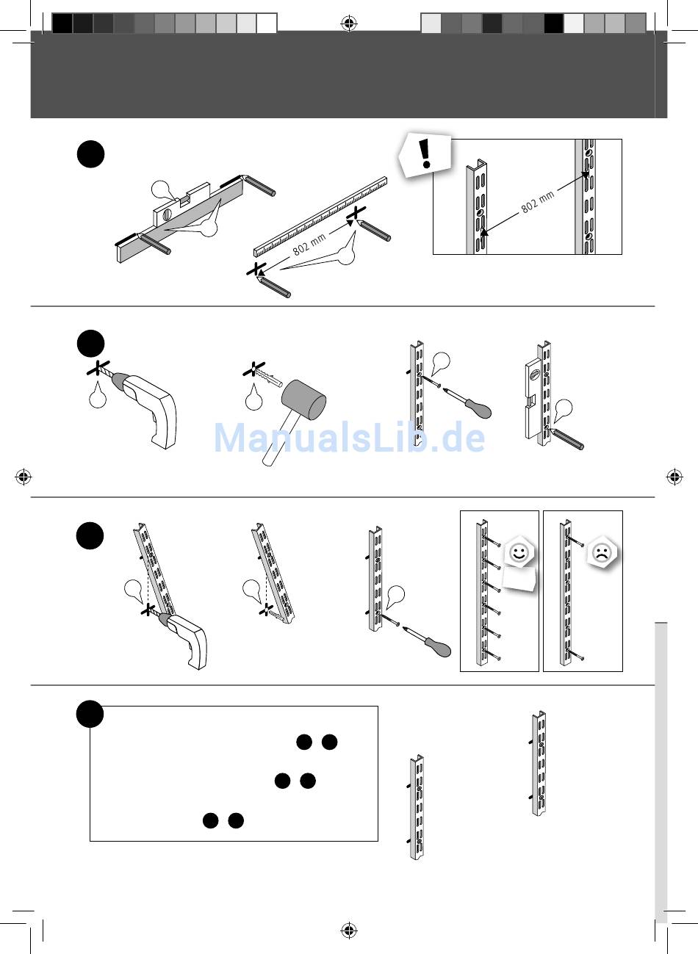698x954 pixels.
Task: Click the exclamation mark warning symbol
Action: point(425,153)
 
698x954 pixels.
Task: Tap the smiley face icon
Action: point(519,553)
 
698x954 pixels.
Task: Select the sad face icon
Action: point(602,553)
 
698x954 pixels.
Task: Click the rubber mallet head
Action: point(303,400)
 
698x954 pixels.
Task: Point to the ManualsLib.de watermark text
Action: point(350,438)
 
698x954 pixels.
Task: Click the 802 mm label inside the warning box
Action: point(538,201)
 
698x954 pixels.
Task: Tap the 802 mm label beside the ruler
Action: point(309,245)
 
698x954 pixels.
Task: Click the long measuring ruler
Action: point(320,217)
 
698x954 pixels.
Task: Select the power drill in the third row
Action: point(182,639)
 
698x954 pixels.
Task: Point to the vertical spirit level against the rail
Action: point(533,398)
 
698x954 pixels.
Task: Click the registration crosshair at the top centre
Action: point(349,23)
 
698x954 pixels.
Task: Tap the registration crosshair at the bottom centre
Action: point(349,930)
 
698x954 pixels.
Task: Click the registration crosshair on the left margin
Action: point(24,477)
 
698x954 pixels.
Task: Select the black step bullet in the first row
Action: point(91,154)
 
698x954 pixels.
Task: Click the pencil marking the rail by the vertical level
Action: point(566,438)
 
